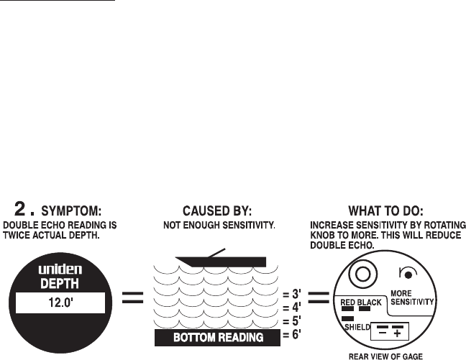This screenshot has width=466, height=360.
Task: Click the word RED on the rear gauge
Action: point(349,303)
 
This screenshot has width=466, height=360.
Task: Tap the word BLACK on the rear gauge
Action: point(370,303)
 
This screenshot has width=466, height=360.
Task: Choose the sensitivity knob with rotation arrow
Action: point(406,273)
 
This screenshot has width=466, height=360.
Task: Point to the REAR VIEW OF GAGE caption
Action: point(385,355)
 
